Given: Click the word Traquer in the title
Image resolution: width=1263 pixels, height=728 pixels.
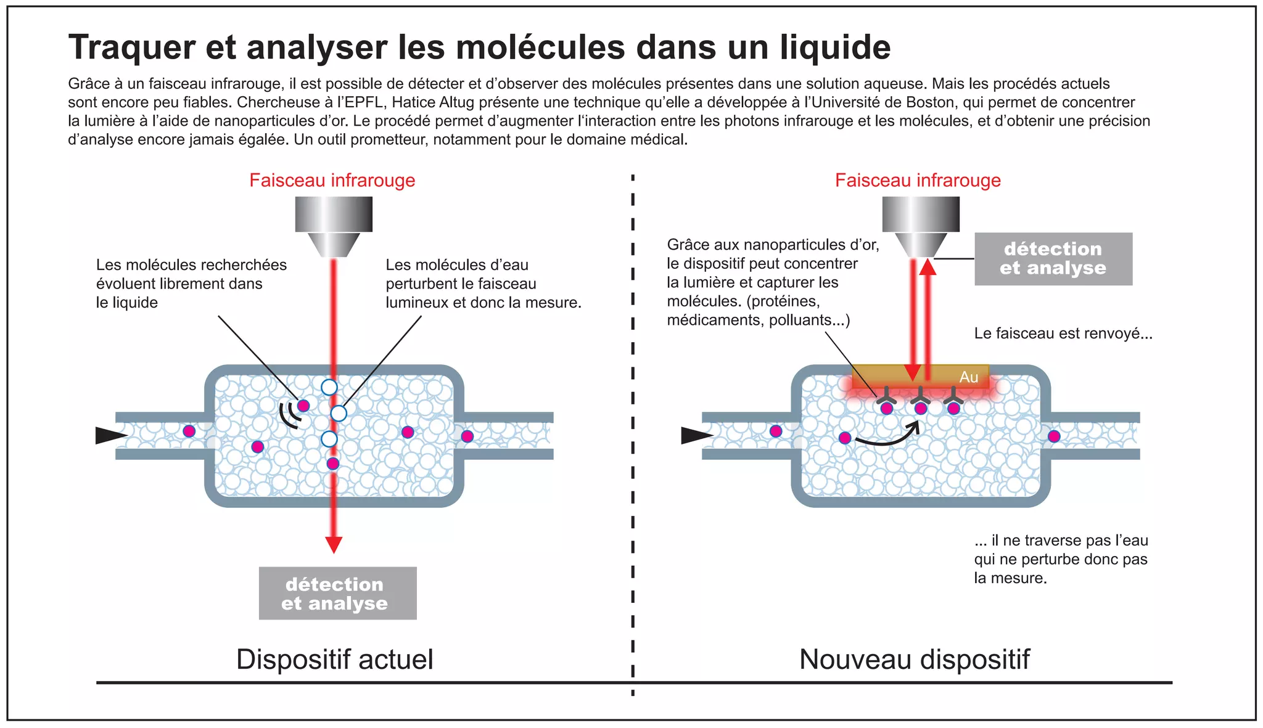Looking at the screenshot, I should point(131,47).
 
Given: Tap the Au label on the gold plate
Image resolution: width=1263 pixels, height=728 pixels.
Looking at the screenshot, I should point(969,377).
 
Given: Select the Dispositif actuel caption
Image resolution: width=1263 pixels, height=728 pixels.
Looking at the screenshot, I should point(335,659).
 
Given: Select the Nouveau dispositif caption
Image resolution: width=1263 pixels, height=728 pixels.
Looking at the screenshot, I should point(914,659).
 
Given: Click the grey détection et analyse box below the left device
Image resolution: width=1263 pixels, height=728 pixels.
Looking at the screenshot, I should point(337,593).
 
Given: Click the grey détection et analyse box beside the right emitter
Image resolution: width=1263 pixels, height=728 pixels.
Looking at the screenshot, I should point(1053,259).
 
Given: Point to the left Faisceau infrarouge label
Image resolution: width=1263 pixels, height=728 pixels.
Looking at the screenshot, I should point(332,180).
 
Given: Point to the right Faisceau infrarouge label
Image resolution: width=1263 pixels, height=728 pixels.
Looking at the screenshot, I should point(918,180).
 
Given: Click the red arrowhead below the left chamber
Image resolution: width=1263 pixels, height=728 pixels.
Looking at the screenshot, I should point(334,544).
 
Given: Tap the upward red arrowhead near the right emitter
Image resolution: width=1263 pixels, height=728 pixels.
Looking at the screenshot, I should point(928,267).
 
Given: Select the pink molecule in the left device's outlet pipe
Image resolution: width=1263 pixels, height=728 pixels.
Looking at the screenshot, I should point(467,436).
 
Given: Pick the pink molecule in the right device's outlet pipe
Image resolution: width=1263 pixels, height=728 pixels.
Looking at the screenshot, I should point(1054,436).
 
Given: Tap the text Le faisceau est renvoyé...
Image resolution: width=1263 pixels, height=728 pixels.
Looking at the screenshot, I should point(1063,333).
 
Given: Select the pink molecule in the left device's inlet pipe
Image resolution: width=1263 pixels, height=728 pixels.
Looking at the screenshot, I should point(189,431).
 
